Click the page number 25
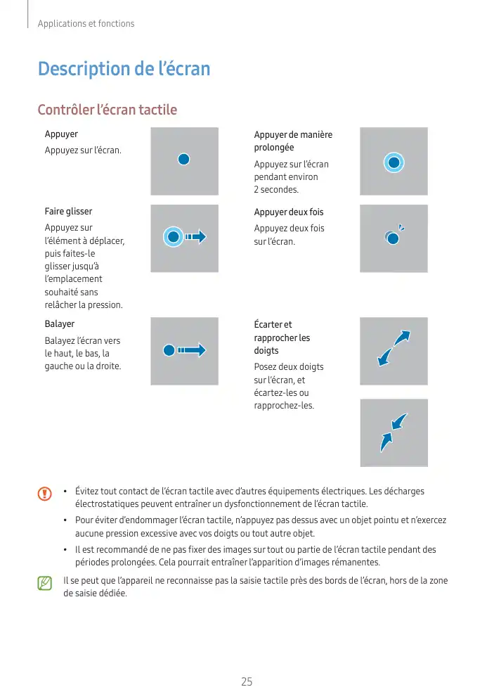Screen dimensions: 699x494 coord(247,681)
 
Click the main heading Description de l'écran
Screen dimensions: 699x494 coord(124,69)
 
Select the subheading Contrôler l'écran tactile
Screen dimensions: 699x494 coord(107,110)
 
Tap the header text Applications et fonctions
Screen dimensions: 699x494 coord(86,24)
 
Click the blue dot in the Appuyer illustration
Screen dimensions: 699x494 coord(183,159)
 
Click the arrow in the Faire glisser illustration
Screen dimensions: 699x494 coord(197,236)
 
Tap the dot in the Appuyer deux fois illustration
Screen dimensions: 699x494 coord(393,238)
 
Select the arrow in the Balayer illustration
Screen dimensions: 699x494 coord(193,349)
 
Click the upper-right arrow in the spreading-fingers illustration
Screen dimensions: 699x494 coord(402,338)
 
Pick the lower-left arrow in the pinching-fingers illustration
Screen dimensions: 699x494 coord(386,442)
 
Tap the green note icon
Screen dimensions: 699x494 coord(45,583)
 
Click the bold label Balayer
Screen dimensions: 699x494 coord(60,324)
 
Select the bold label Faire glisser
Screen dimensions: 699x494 coord(68,211)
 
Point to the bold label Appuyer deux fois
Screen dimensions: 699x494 coord(289,212)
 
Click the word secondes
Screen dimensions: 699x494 coord(279,190)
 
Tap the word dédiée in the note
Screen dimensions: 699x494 coord(112,594)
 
